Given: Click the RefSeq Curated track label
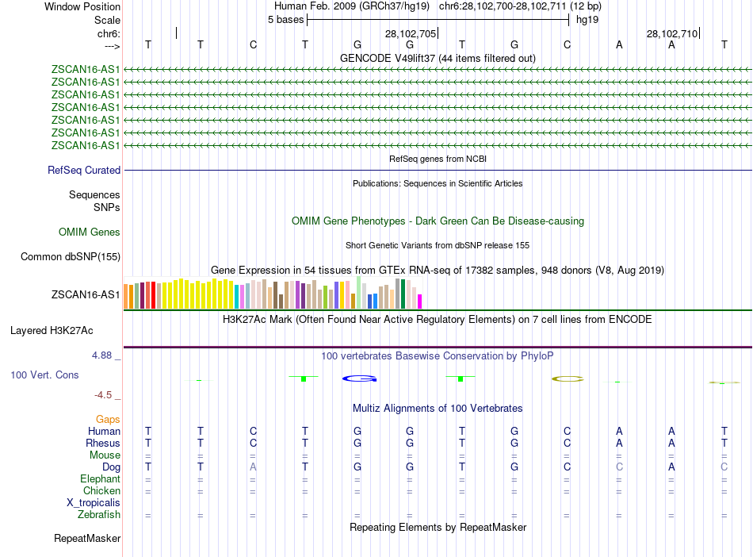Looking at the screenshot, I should point(84,170).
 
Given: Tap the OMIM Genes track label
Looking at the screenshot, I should point(90,232).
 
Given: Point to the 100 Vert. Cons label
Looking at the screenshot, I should point(44,375).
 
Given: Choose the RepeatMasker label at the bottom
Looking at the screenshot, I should point(87,539).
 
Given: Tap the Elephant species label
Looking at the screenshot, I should point(100,479).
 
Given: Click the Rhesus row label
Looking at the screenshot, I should point(103,443).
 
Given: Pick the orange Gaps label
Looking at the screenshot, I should point(108,419).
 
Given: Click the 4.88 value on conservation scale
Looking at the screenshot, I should point(102,355).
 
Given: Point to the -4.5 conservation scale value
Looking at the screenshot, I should point(104,394).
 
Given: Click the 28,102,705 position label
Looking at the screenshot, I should point(411,34).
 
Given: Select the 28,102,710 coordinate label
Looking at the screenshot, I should point(672,34).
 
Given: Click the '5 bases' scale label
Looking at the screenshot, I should point(285,19).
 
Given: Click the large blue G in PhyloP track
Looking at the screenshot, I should point(358,378).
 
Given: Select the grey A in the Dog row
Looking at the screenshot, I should point(253,467).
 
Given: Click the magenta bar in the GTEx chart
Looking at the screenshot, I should point(420,302).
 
